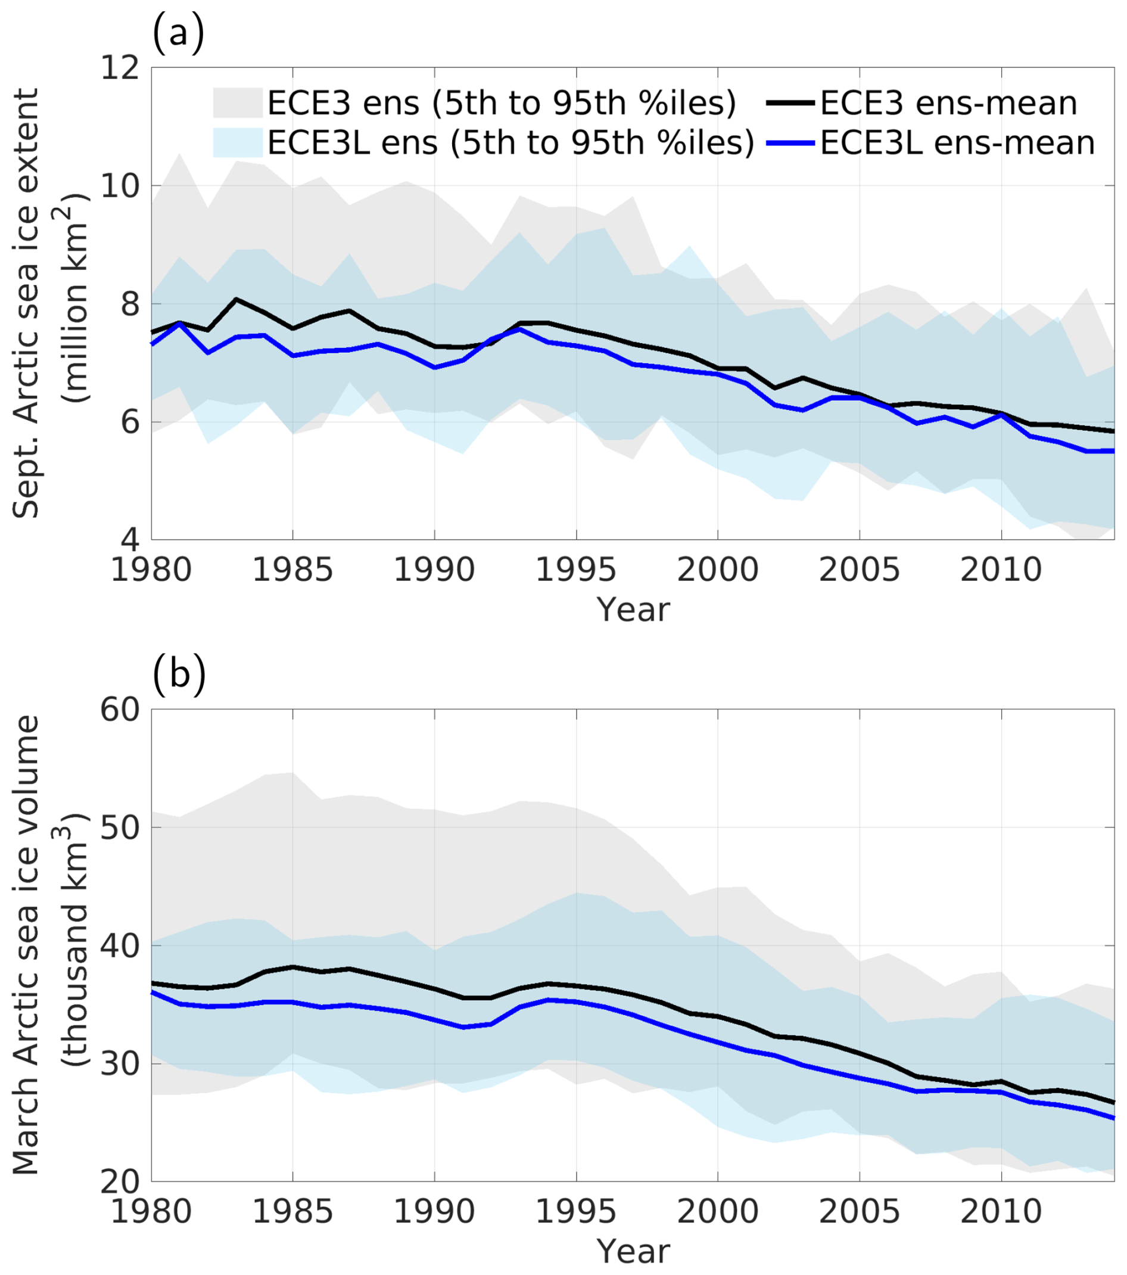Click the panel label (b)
click(x=179, y=676)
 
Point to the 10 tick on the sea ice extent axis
click(x=120, y=185)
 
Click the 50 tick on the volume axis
click(x=120, y=827)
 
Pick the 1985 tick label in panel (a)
click(x=292, y=570)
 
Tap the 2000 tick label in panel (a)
click(x=717, y=570)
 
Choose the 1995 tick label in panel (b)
click(x=575, y=1211)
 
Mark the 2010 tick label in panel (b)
click(x=1000, y=1211)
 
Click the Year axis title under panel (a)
click(x=633, y=609)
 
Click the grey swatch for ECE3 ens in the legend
click(x=238, y=103)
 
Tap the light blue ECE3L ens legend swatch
click(x=238, y=143)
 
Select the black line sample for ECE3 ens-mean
click(x=790, y=103)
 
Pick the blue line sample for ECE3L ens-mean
click(x=790, y=143)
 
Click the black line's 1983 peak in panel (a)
click(x=236, y=300)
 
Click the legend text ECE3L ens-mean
click(x=957, y=143)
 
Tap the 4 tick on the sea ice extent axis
click(x=130, y=539)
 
